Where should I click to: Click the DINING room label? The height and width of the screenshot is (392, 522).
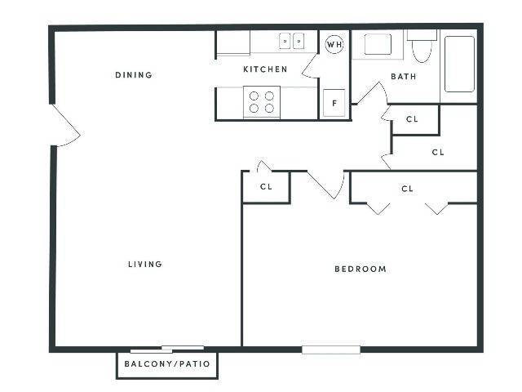coord(134,75)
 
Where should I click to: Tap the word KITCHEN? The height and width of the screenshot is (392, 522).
coord(265,69)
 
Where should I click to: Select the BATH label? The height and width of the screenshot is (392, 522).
coord(403,77)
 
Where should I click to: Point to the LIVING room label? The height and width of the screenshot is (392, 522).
coord(145,264)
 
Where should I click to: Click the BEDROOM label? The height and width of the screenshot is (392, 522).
coord(361,269)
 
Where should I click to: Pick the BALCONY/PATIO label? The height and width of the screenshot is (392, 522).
coord(167,364)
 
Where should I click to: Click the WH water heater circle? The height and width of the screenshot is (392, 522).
coord(334,44)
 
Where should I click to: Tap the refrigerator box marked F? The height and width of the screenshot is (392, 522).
coord(334,103)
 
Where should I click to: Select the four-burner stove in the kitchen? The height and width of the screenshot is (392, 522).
coord(262,102)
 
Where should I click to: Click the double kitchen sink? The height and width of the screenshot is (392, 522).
coord(292,41)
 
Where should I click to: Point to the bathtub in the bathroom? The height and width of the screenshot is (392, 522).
coord(458,63)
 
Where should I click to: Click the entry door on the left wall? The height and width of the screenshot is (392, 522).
coord(64,125)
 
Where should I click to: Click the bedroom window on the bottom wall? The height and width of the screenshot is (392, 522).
coord(330,350)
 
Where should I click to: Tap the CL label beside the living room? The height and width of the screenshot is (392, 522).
coord(266,187)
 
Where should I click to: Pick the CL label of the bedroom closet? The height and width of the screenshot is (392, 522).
coord(408,189)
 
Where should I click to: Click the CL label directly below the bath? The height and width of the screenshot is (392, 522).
coord(412,119)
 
